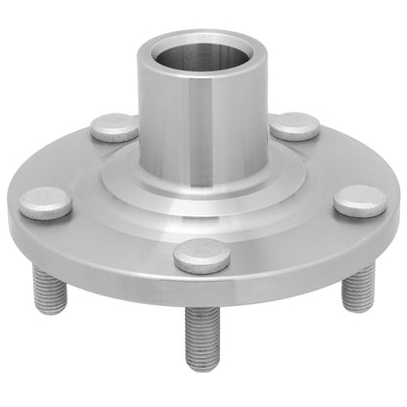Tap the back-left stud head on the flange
tap(114, 127)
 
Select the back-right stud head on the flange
tap(294, 125)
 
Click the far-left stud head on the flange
tap(46, 203)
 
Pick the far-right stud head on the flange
tap(359, 202)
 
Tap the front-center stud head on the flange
tap(202, 254)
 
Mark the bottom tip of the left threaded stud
tap(55, 312)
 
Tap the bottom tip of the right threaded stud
tap(356, 309)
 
